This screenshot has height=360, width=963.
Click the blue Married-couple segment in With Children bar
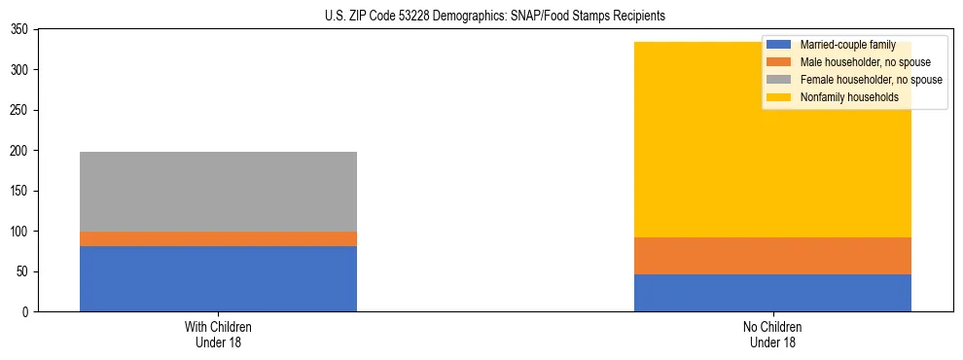(218, 278)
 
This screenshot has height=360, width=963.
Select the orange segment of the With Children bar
(218, 238)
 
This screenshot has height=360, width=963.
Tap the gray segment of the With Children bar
(218, 192)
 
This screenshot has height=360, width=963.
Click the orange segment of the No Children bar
(772, 256)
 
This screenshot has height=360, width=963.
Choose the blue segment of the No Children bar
(772, 293)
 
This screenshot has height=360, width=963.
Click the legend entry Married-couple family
(845, 45)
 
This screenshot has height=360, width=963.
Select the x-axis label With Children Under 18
(218, 334)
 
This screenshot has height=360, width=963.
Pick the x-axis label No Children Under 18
(772, 334)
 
